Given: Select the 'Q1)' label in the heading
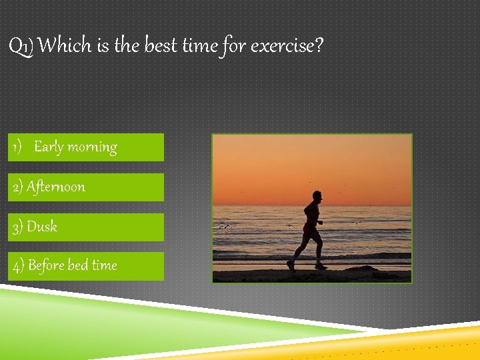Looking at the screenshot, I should click(x=22, y=47).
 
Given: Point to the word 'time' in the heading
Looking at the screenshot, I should click(x=199, y=46).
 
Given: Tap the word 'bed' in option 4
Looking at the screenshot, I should click(x=78, y=265).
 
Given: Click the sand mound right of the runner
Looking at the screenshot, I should click(x=363, y=269).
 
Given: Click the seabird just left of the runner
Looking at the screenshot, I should click(x=289, y=225).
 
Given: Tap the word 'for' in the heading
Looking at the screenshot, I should click(x=235, y=46).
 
